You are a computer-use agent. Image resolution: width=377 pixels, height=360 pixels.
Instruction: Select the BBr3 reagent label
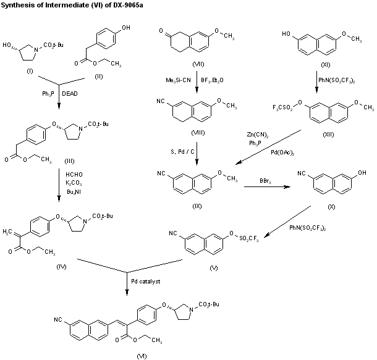tap(268, 181)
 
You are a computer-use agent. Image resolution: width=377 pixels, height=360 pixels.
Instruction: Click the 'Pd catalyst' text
tap(145, 282)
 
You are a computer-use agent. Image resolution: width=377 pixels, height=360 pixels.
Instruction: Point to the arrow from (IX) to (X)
tap(268, 187)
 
